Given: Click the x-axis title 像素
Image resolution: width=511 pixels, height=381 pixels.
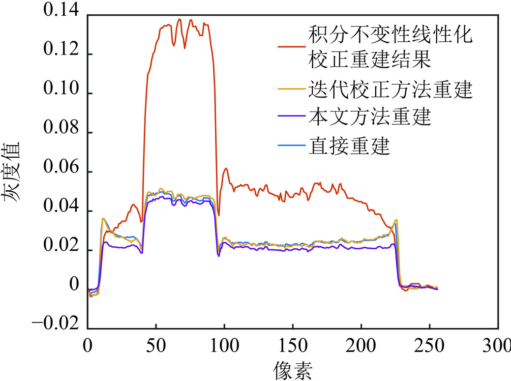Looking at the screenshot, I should (293, 368).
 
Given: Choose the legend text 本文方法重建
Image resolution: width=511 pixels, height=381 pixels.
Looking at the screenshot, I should (369, 117).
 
